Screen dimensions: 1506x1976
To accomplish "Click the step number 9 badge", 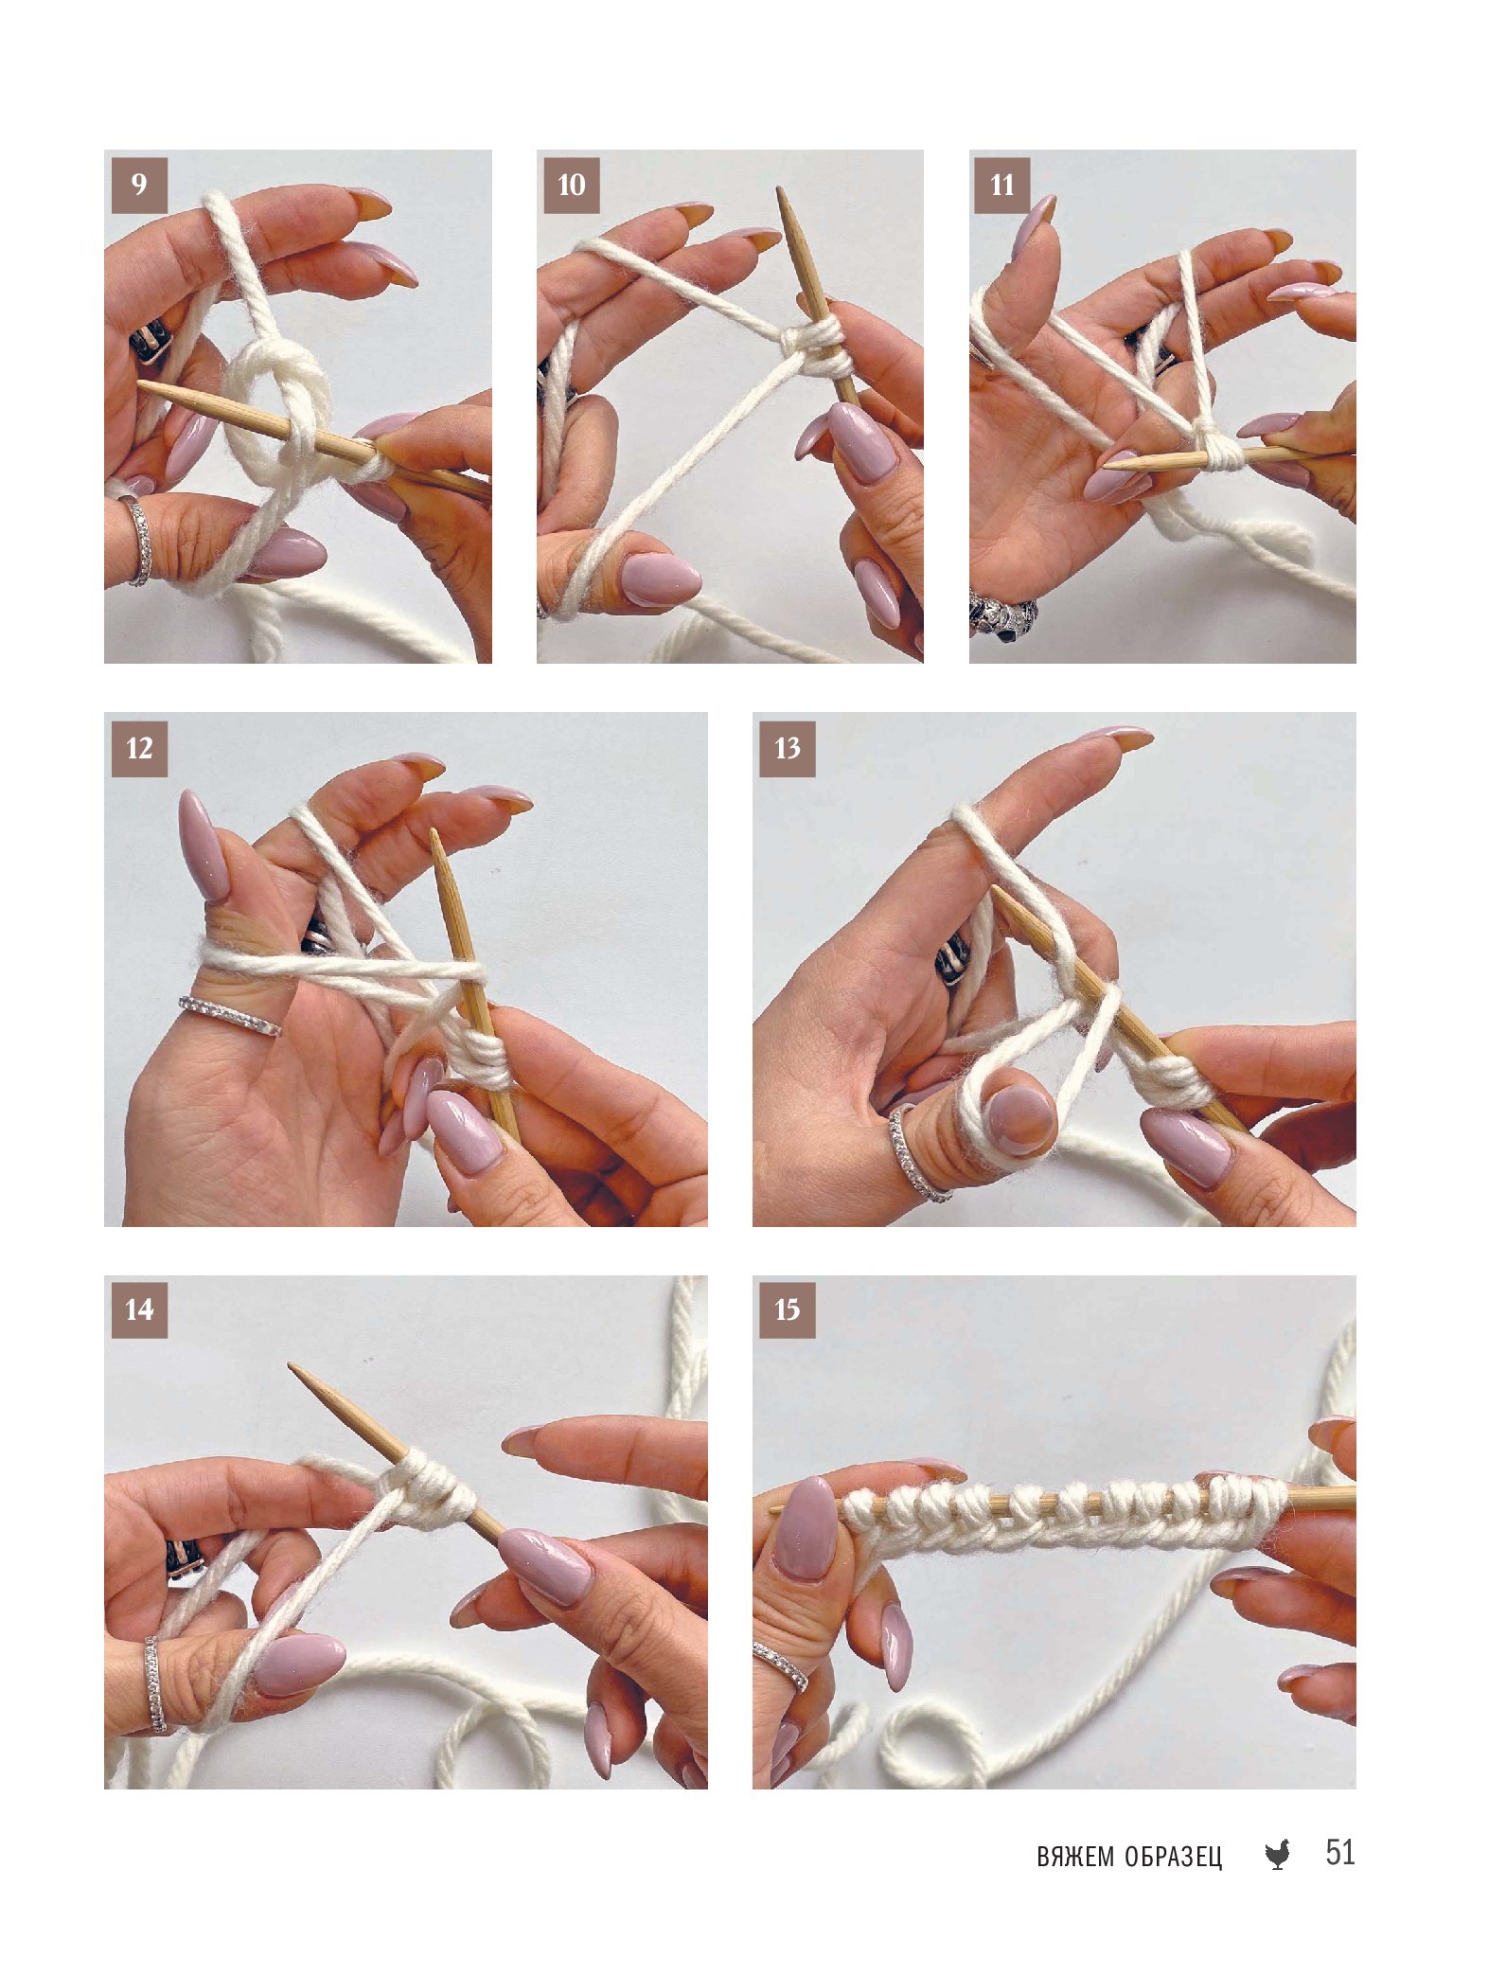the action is pyautogui.click(x=139, y=185).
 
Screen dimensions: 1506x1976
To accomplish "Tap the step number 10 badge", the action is pyautogui.click(x=572, y=185).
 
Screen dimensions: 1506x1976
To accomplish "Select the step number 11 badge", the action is pyautogui.click(x=1002, y=185).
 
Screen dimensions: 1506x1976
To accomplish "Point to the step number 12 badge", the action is pyautogui.click(x=139, y=749).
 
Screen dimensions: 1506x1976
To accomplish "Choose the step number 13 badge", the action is pyautogui.click(x=788, y=749).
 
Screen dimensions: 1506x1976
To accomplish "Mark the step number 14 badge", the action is pyautogui.click(x=139, y=1310).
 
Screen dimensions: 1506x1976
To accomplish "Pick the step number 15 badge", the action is pyautogui.click(x=788, y=1310).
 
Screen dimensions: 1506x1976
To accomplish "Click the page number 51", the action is pyautogui.click(x=1339, y=1852).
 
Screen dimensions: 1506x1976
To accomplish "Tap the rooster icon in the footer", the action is pyautogui.click(x=1278, y=1854).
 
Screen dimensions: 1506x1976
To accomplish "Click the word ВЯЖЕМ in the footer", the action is pyautogui.click(x=1075, y=1857).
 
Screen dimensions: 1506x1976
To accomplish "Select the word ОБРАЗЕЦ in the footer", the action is pyautogui.click(x=1174, y=1857).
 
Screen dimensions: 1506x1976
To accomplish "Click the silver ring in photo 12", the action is pyautogui.click(x=230, y=1015).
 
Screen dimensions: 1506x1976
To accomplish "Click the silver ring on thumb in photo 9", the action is pyautogui.click(x=138, y=540).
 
